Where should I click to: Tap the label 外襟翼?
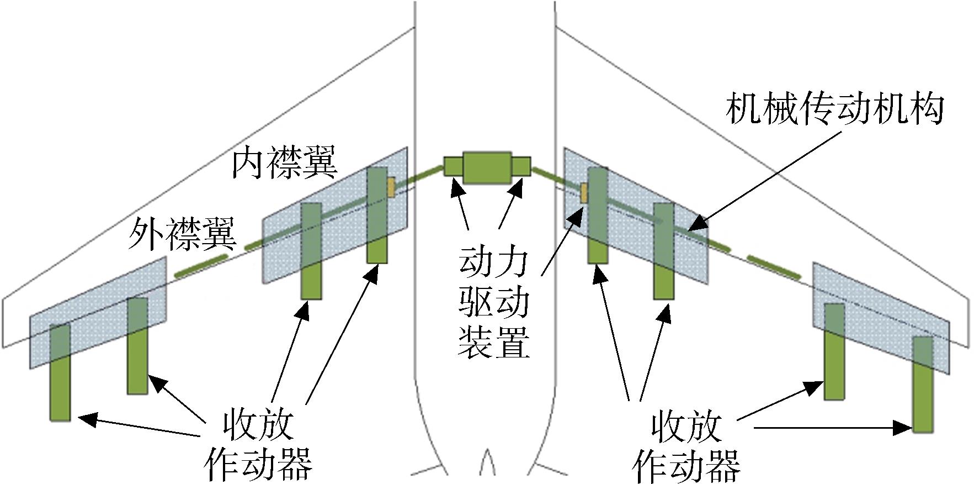pos(183,234)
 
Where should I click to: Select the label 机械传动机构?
pos(834,109)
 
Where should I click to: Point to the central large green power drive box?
pos(487,167)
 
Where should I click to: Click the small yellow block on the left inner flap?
pos(391,187)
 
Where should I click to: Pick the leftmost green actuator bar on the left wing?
pos(60,372)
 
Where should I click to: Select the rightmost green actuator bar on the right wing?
pos(922,385)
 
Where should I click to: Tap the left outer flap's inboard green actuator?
pos(137,346)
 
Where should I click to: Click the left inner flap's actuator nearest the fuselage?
pos(377,215)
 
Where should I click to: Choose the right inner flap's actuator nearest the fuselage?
pos(598,215)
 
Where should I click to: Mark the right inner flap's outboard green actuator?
pos(663,251)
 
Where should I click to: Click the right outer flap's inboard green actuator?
pos(834,351)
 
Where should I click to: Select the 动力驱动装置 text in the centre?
pos(494,303)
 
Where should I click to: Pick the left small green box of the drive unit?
pos(454,167)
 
